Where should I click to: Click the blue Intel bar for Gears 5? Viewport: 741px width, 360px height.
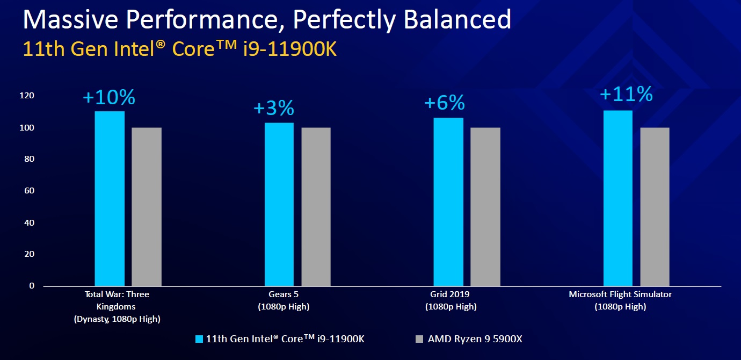[279, 204]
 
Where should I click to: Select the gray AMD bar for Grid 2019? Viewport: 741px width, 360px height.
[485, 206]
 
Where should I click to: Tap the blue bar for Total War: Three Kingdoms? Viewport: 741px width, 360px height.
[110, 198]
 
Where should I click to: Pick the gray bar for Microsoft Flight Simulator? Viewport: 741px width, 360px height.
[655, 206]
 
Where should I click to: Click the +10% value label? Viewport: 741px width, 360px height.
[109, 98]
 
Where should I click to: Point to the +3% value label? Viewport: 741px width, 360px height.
[274, 109]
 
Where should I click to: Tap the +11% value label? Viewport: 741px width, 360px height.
[626, 95]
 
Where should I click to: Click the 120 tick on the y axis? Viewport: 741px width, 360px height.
[27, 96]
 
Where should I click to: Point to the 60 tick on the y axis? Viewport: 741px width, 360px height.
[29, 191]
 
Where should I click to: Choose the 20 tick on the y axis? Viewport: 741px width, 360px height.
[29, 254]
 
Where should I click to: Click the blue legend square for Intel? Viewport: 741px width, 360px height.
[199, 339]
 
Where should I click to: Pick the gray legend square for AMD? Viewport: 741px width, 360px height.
[420, 339]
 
